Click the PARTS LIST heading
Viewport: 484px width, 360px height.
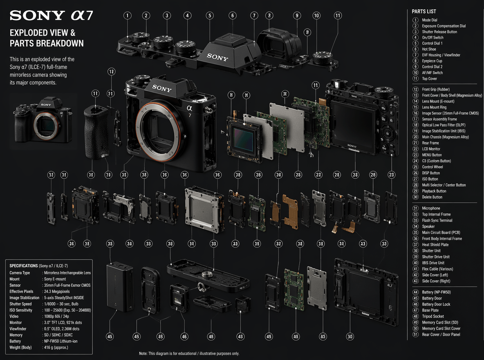click(x=424, y=11)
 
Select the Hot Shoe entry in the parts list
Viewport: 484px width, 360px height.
click(x=429, y=49)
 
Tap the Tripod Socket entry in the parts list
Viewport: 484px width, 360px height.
click(x=432, y=316)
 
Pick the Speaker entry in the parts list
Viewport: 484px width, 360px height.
click(x=428, y=226)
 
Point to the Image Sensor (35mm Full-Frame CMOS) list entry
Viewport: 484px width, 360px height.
click(x=450, y=113)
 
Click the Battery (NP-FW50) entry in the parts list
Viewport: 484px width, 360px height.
click(x=436, y=292)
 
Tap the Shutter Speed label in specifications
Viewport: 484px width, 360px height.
click(x=20, y=304)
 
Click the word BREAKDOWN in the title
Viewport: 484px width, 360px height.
click(x=60, y=43)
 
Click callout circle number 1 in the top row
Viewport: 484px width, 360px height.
click(x=128, y=16)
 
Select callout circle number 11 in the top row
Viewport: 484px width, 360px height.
click(x=337, y=16)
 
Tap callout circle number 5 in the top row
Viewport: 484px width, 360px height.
click(x=210, y=16)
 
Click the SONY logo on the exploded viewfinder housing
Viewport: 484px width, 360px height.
click(x=217, y=57)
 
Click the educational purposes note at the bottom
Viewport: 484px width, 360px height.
click(x=189, y=353)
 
